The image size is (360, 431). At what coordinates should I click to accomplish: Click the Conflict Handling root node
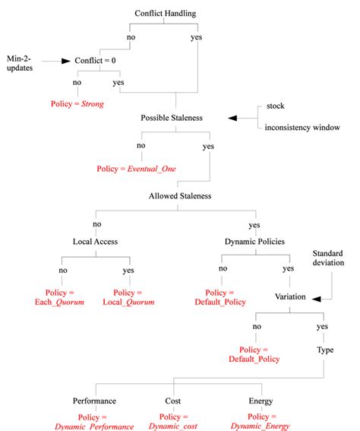[x=165, y=14]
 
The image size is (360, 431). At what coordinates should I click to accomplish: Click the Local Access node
[x=95, y=242]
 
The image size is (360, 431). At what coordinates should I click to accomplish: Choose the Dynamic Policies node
[x=254, y=242]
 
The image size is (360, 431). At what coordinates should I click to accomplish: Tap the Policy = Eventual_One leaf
[x=137, y=168]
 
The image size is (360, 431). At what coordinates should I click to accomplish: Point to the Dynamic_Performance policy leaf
[x=94, y=421]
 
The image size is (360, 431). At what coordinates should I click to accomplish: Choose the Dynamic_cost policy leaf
[x=173, y=421]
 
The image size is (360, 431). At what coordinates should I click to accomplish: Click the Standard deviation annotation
[x=328, y=257]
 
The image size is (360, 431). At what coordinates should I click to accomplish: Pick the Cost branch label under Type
[x=173, y=400]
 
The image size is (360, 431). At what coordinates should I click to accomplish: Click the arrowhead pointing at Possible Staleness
[x=233, y=118]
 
